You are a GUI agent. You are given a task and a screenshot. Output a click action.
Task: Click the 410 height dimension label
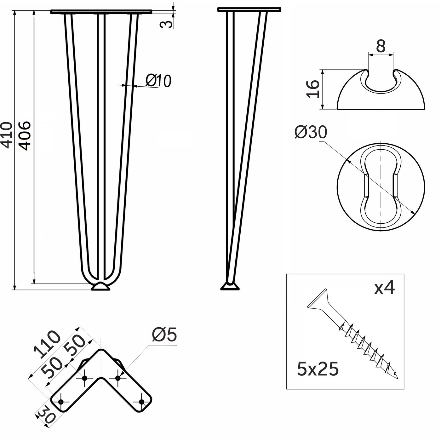[7, 135]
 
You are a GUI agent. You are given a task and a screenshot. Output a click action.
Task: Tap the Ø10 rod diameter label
[158, 81]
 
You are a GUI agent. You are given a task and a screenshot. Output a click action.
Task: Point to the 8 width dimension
[381, 46]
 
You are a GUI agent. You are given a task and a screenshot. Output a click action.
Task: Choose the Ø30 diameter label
[311, 132]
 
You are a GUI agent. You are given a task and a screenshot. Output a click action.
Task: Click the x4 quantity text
[385, 288]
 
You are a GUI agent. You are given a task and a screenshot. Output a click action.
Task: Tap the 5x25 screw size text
[318, 369]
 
